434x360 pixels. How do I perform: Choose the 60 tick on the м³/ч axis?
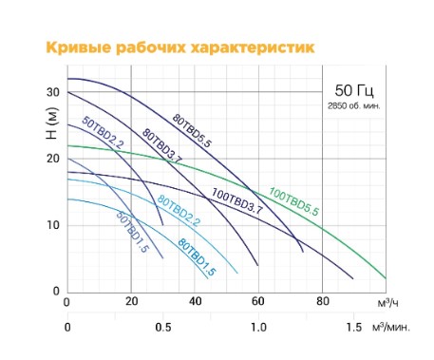(257, 303)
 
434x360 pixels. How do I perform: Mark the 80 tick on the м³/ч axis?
(322, 303)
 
